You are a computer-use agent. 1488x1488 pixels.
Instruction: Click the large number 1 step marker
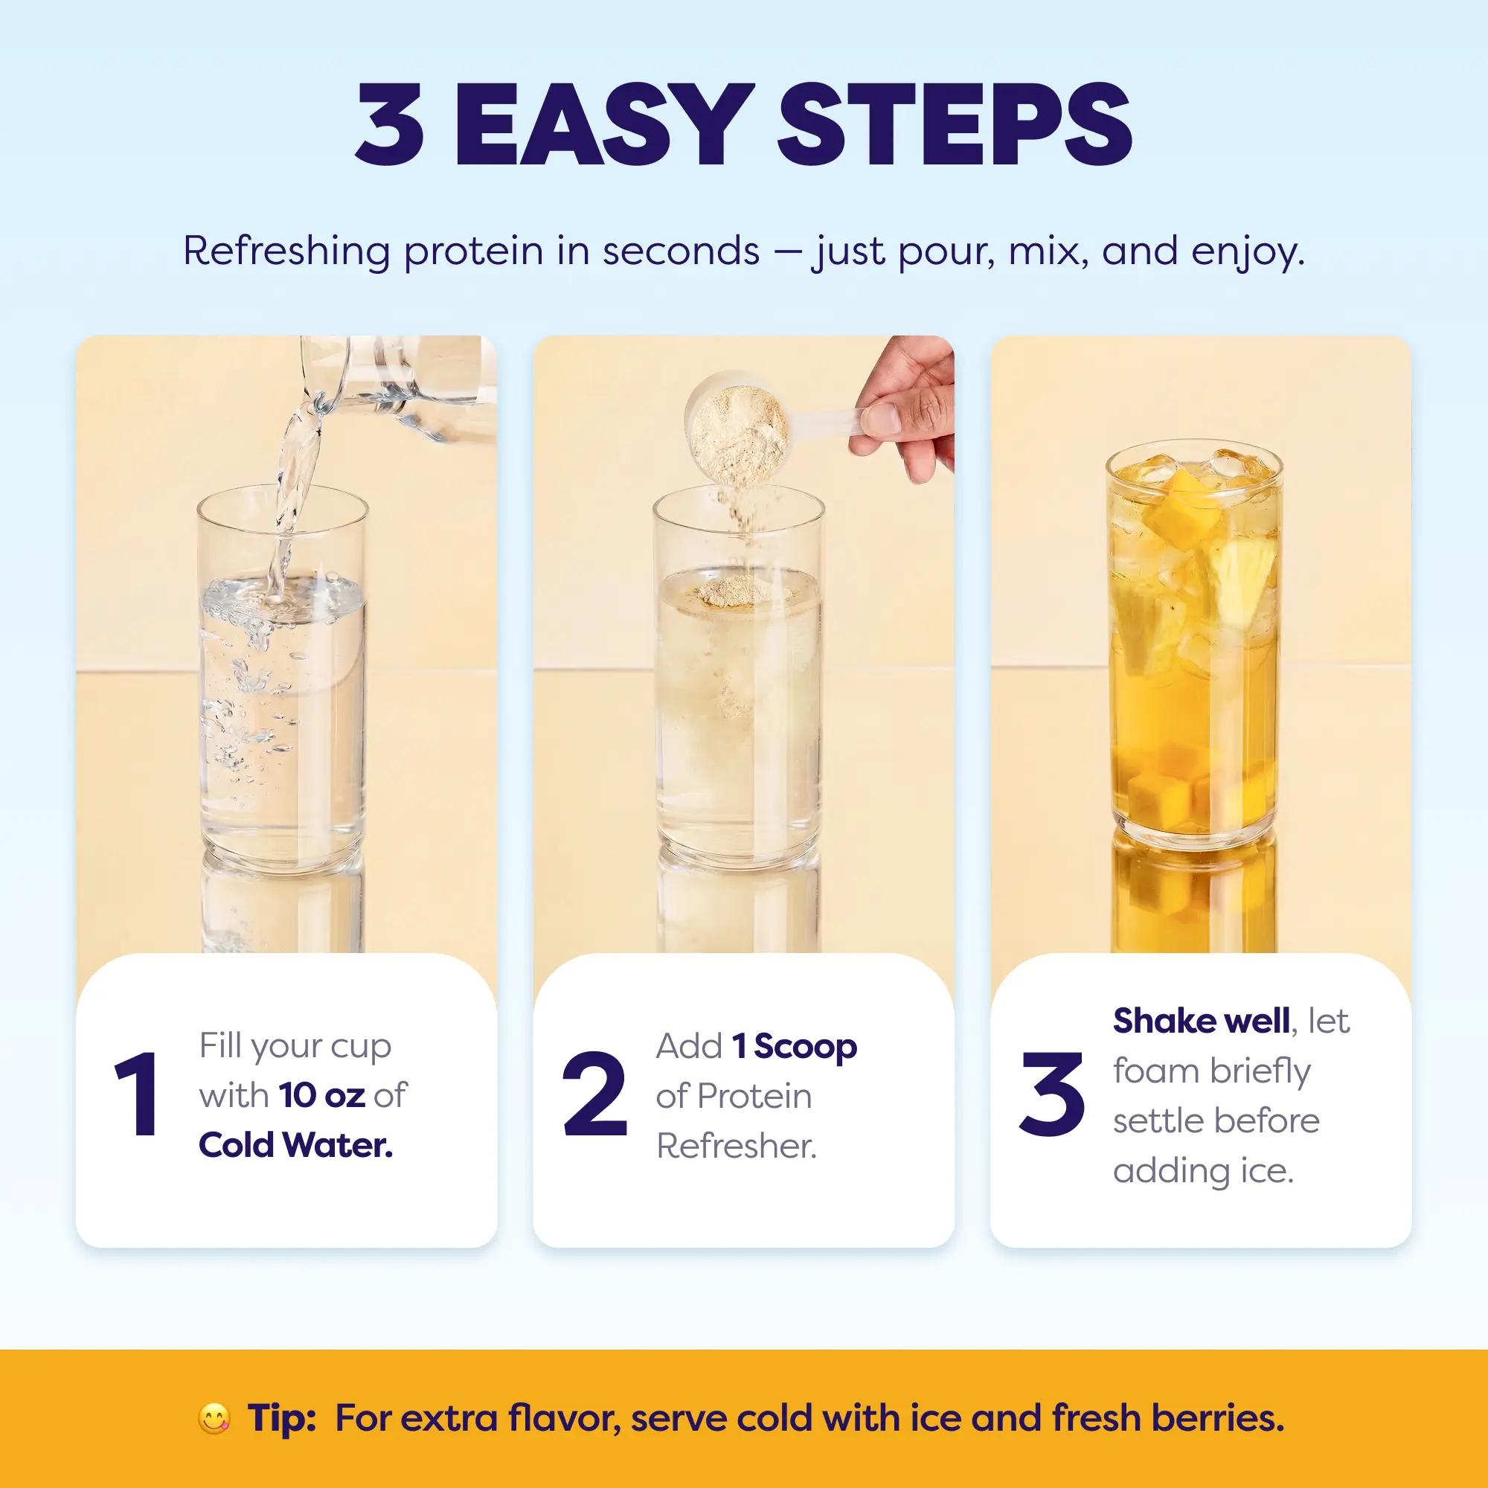pos(138,1094)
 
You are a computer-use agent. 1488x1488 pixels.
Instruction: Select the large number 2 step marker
pos(594,1094)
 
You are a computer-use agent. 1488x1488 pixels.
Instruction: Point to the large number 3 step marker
pos(1052,1094)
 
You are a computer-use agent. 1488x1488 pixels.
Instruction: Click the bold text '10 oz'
pos(322,1095)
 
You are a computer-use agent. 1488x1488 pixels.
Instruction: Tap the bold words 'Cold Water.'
pos(296,1145)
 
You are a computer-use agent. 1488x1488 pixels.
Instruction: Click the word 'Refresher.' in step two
pos(737,1146)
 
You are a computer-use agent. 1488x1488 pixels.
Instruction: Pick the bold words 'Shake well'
pos(1202,1022)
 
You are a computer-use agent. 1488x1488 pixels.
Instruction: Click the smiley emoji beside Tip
pos(214,1419)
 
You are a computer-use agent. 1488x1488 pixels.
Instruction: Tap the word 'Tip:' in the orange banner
pos(282,1419)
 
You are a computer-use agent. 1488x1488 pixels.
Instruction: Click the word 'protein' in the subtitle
pos(474,253)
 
